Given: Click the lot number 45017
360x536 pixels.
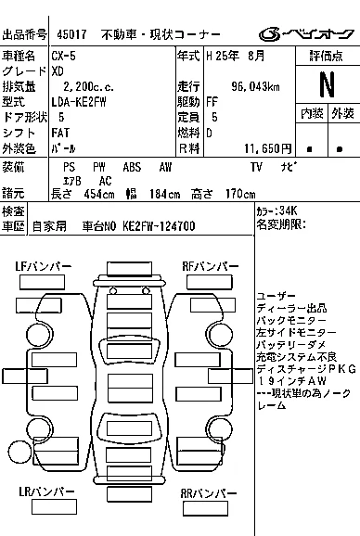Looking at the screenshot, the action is point(71,34).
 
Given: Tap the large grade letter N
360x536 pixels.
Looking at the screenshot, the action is point(327,84).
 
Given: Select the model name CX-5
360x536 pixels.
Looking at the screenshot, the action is point(64,56).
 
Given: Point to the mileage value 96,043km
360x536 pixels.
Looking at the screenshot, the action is point(255,86).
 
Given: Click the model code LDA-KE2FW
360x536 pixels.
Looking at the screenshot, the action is point(79,102).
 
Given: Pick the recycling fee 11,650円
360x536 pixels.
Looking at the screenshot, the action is point(268,148).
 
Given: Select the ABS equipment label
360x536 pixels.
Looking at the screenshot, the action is point(132,167).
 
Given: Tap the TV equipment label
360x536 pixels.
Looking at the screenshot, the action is point(256,167).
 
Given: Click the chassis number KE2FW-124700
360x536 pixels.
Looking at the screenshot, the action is point(159,226).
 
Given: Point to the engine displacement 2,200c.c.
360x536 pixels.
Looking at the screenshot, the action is point(88,86).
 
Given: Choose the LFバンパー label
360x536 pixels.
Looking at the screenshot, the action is point(43,267).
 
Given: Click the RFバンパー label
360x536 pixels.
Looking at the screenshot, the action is point(211,266).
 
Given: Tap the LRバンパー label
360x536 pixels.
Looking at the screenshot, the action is point(46,491).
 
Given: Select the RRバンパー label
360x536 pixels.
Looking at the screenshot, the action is point(209,493).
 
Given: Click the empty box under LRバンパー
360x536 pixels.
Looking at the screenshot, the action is point(54,507).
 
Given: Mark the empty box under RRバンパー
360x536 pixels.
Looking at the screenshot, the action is point(205,509).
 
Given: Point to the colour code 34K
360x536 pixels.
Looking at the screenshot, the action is point(289,211).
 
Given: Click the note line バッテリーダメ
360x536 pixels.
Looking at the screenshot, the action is point(291,345).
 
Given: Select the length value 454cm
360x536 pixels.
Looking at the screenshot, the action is point(99,194).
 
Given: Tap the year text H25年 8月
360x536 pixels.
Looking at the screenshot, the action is point(236,56).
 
